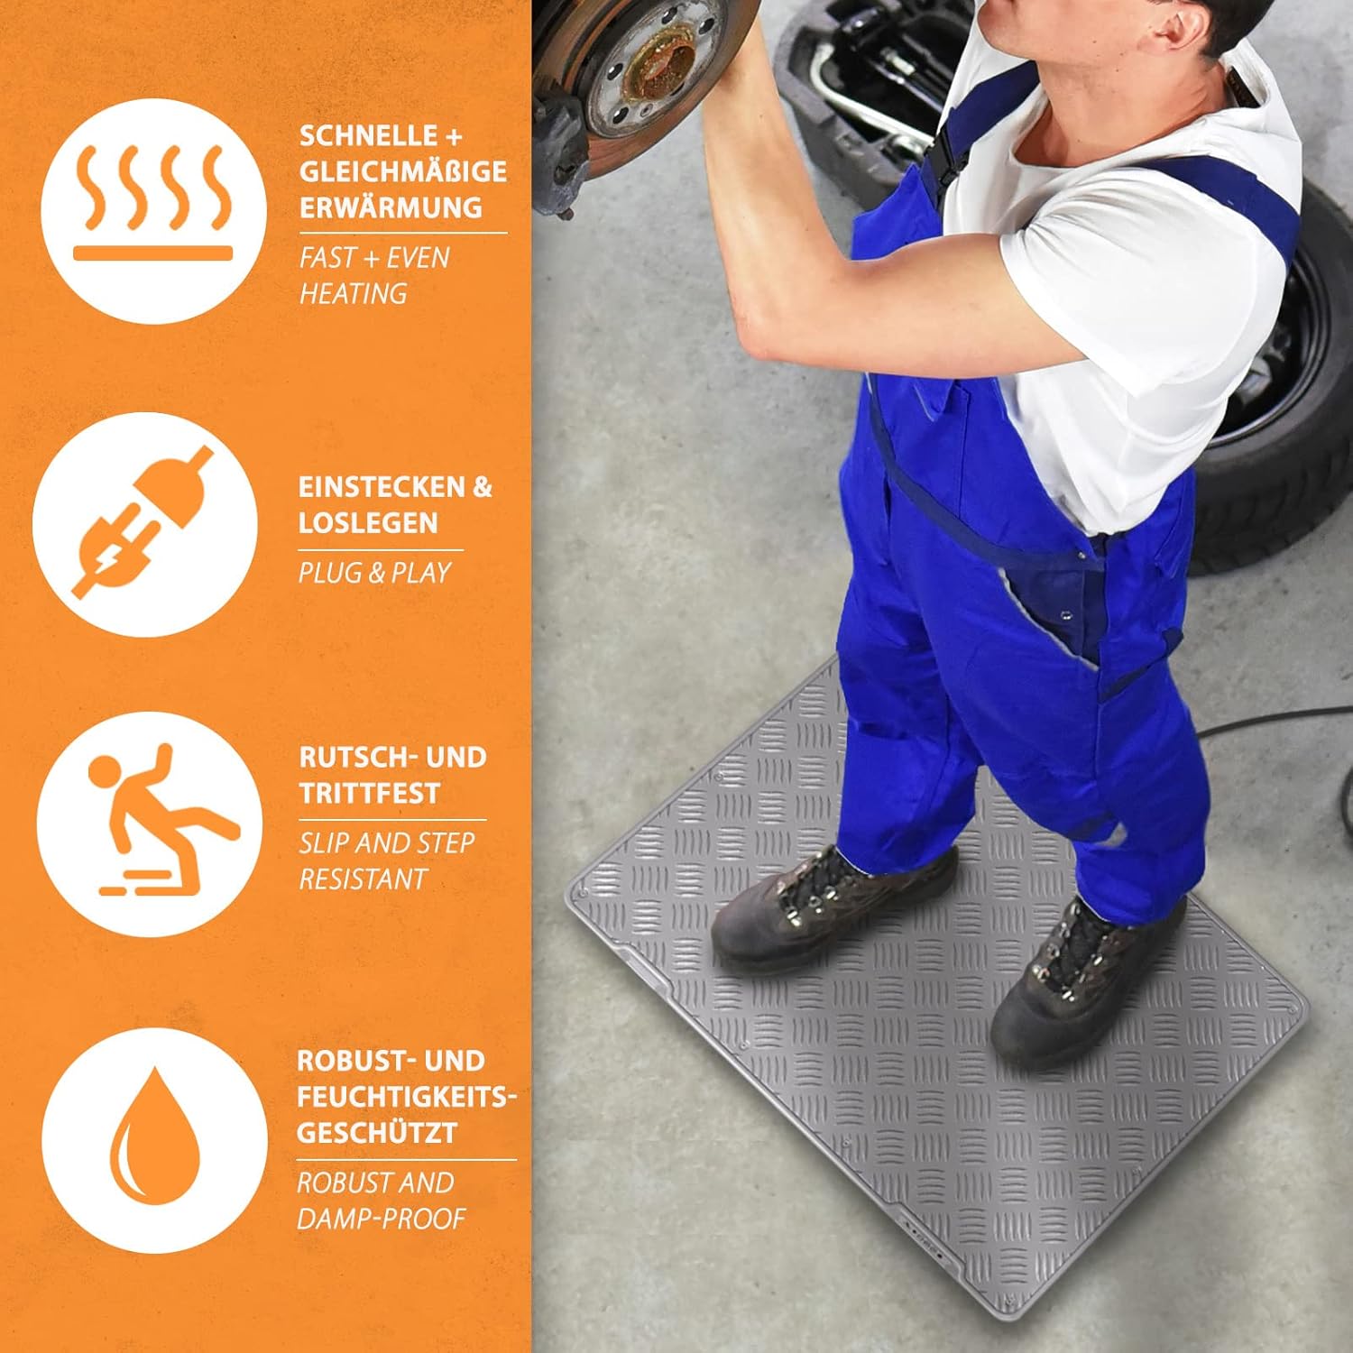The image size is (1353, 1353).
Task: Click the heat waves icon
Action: pos(152,202)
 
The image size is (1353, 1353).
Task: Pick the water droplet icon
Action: pos(153,1135)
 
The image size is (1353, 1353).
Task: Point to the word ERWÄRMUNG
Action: pos(391,207)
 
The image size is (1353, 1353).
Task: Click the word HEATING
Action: pos(353,293)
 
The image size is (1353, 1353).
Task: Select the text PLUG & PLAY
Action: pos(374,573)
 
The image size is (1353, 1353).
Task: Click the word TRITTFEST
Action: pos(369,793)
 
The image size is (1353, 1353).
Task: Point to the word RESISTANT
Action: pos(363,879)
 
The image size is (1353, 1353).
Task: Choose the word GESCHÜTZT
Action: pos(377,1133)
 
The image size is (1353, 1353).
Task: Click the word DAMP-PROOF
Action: pos(382,1219)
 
